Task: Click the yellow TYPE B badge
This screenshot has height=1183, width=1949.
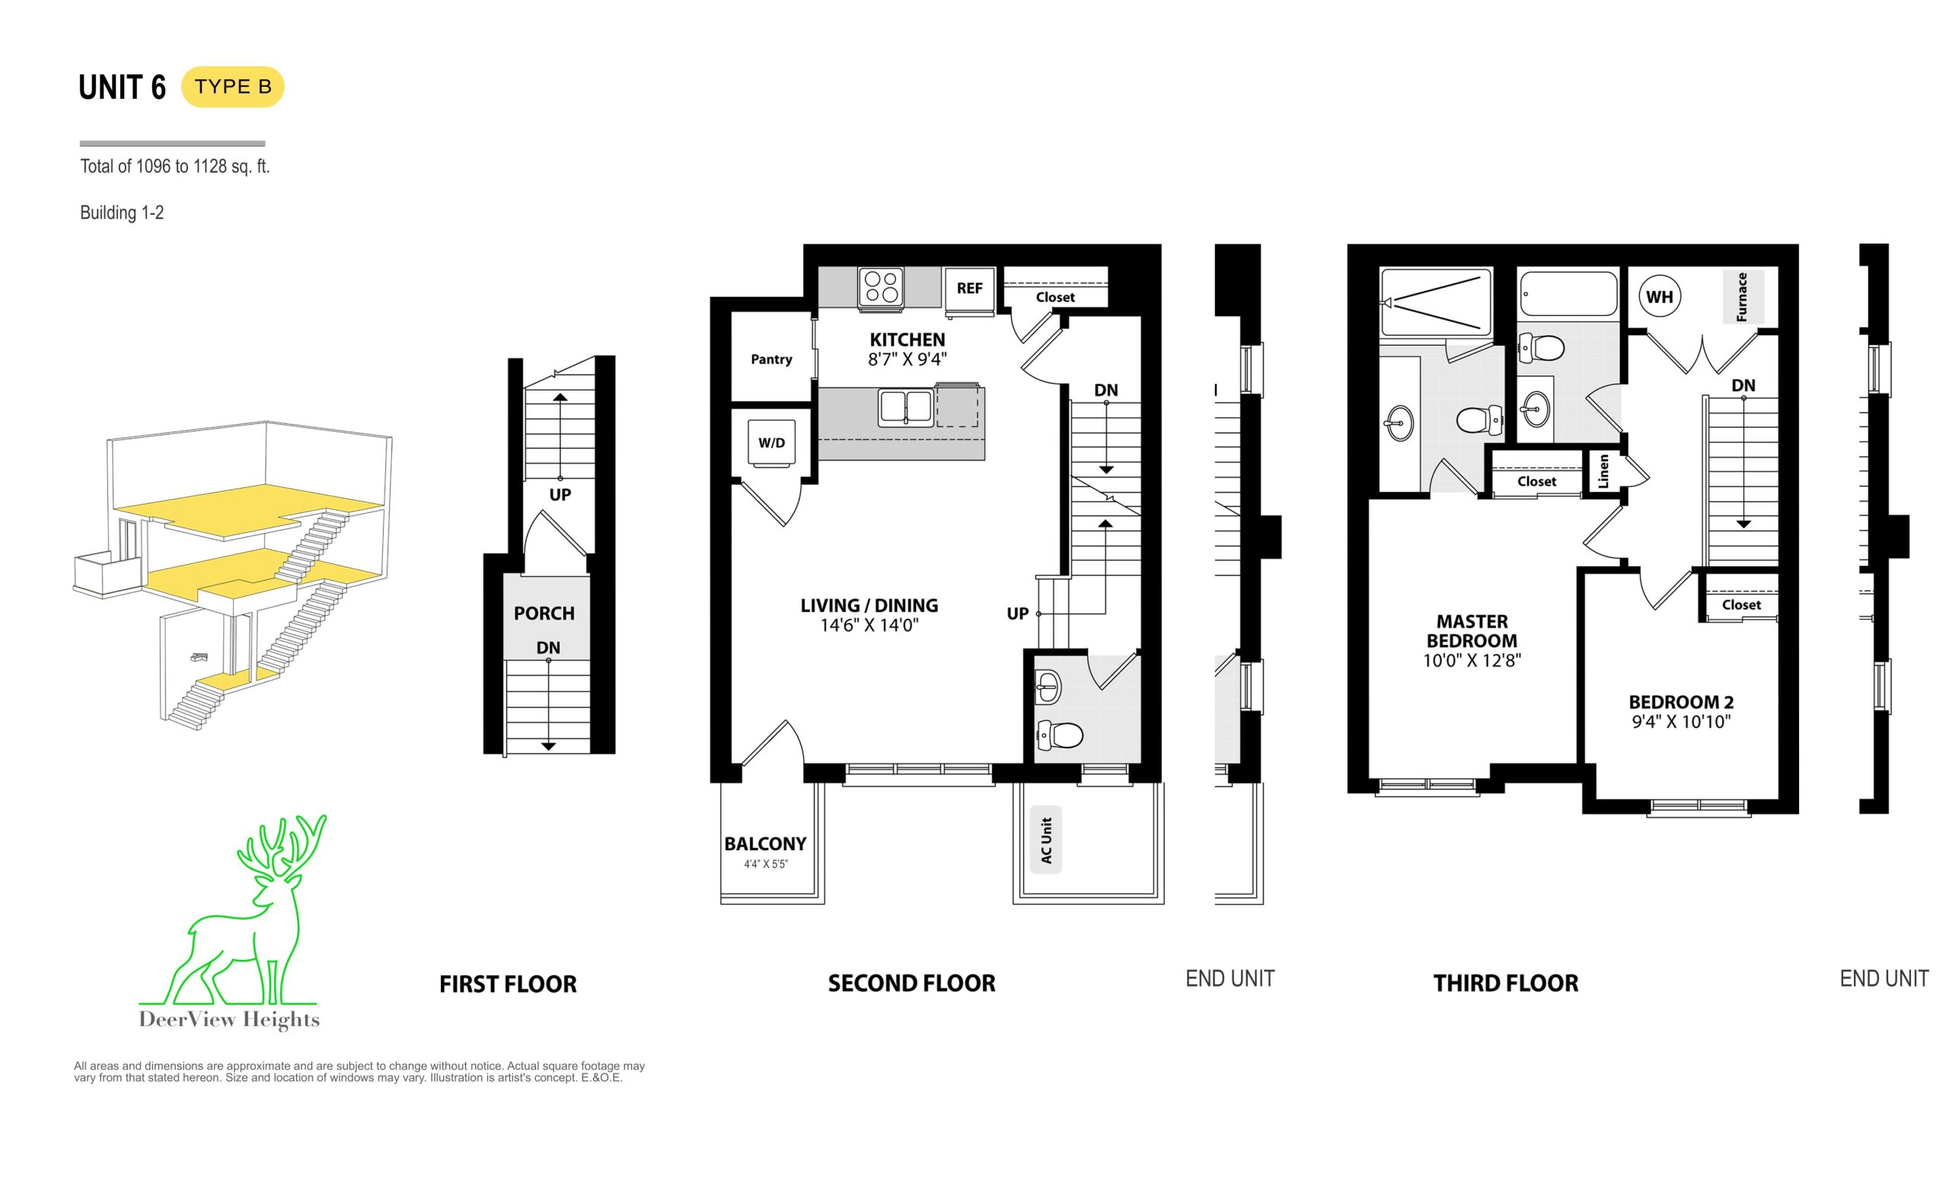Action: (232, 87)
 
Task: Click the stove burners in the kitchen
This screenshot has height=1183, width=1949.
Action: (881, 287)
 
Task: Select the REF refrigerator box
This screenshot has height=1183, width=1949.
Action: (970, 289)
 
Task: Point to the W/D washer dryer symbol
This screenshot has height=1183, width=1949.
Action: (771, 443)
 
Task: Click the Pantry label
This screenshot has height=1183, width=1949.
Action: (771, 359)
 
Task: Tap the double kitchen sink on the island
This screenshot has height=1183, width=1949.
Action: (906, 407)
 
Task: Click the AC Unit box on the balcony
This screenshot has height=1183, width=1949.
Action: (1046, 840)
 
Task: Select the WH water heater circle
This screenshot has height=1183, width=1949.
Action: (1659, 297)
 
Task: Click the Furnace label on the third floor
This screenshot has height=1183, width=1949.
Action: (1742, 297)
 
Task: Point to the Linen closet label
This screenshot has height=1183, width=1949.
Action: (1603, 471)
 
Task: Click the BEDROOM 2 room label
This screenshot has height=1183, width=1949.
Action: (1681, 702)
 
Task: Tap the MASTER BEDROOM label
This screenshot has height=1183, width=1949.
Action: (1472, 631)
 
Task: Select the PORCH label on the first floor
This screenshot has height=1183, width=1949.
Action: (544, 613)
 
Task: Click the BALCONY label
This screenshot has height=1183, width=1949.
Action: (765, 843)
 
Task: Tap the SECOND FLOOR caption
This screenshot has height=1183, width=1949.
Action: (911, 983)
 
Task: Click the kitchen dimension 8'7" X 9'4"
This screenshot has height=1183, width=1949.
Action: (908, 359)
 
